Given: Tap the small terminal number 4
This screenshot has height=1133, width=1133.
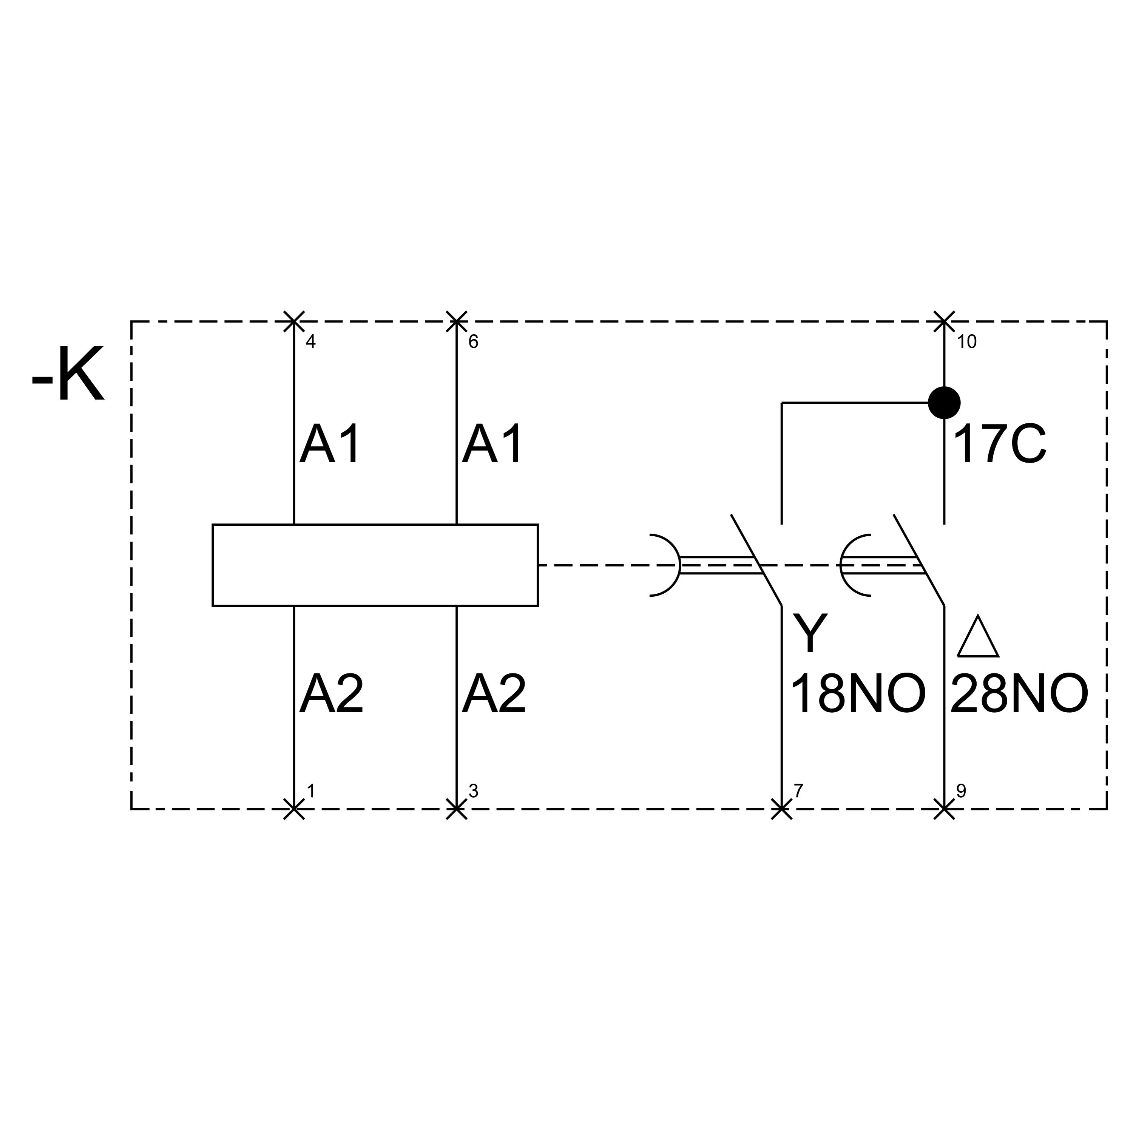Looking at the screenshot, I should coord(311,342).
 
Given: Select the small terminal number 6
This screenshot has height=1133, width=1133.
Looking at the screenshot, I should coord(473,342).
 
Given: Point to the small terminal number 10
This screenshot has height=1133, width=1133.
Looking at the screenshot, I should coord(966,342).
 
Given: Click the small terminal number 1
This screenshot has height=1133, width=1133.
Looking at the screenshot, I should coord(311,791).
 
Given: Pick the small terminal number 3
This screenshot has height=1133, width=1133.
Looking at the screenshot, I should coord(473,791).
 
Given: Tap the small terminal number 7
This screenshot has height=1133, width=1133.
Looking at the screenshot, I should coord(798,791).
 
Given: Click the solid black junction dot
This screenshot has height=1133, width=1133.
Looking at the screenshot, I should coord(943,403).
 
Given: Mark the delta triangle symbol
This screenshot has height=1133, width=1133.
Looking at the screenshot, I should coord(978,638).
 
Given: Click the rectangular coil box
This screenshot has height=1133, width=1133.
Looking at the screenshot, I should coord(375,565).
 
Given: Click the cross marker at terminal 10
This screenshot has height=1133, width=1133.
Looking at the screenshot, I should coord(943,321).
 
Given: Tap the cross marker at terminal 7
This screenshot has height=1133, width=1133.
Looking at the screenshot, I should coord(781,809).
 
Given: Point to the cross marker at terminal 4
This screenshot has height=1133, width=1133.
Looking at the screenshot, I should coord(294,321).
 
